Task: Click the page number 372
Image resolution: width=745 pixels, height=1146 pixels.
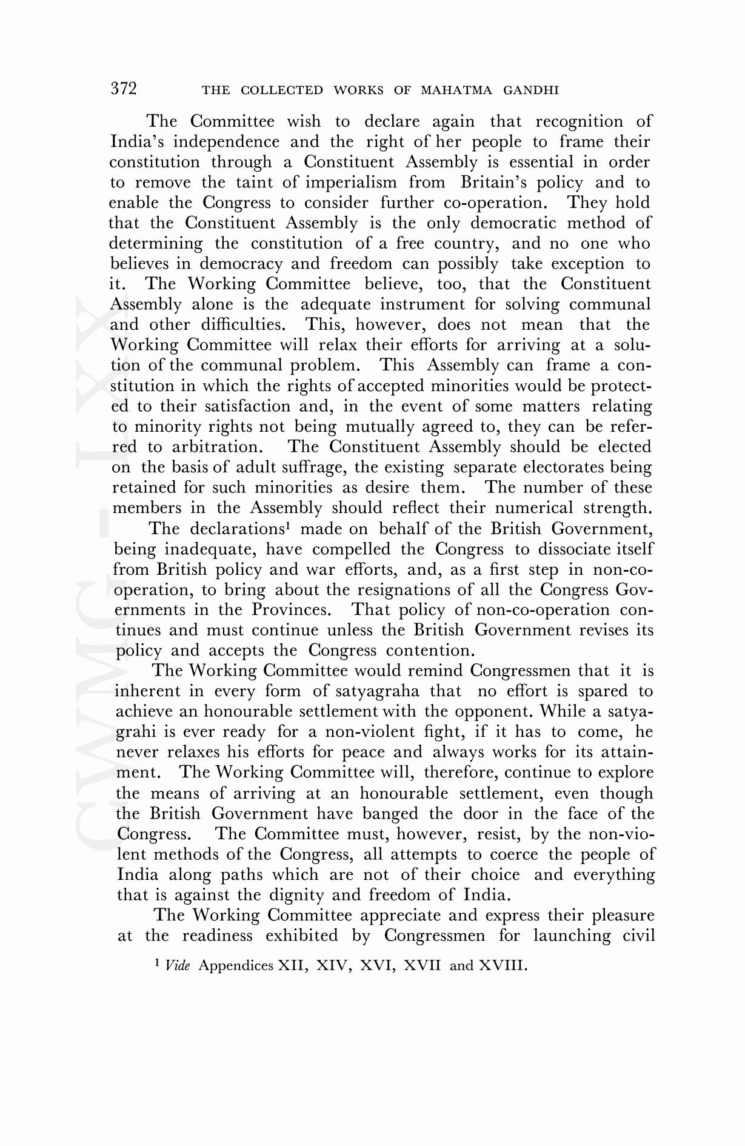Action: (124, 89)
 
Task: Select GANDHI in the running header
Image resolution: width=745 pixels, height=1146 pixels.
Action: (531, 90)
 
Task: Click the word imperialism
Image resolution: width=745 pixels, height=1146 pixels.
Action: (351, 183)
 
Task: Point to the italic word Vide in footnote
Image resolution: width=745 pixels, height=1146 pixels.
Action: (178, 965)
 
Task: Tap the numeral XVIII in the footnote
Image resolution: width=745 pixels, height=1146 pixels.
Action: (501, 965)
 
